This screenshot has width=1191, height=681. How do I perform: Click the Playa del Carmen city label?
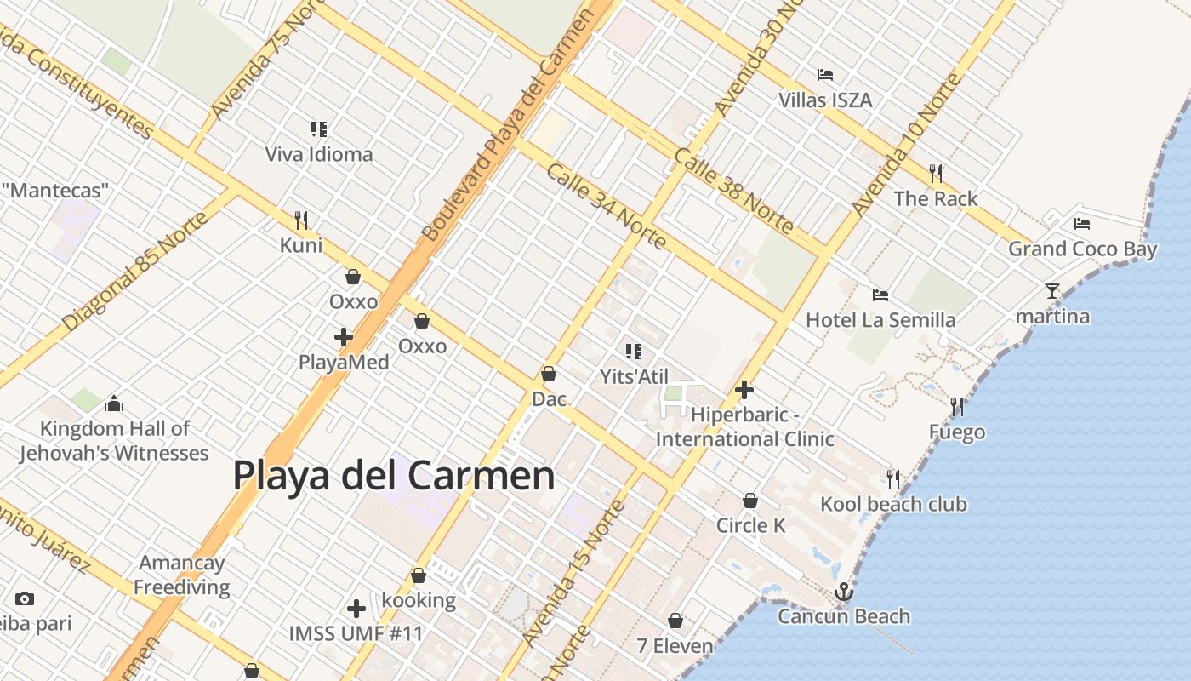394,475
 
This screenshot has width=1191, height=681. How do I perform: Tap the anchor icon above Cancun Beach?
844,592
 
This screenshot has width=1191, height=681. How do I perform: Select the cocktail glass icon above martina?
1052,291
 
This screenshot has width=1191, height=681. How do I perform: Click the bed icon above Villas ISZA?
824,75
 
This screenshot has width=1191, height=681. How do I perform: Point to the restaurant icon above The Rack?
936,174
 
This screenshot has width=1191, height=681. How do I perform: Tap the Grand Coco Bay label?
1082,249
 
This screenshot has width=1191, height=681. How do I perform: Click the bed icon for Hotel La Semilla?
880,295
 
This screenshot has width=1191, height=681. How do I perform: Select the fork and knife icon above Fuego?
957,407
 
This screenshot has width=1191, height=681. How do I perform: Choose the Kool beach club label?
893,504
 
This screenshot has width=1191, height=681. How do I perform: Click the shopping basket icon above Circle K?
750,501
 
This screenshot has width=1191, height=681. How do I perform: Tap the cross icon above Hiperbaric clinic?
744,390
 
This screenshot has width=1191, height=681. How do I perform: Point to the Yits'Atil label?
634,376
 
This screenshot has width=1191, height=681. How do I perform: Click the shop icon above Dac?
549,374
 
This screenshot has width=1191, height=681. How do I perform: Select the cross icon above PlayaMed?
344,337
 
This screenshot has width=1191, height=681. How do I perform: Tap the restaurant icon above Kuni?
301,220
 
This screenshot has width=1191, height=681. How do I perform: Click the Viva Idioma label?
319,154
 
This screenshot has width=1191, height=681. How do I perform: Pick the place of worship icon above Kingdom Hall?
114,403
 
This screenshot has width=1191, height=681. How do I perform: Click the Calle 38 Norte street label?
733,191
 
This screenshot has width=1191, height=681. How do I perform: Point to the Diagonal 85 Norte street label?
135,271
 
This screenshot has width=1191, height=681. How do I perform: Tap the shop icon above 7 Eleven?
675,621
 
